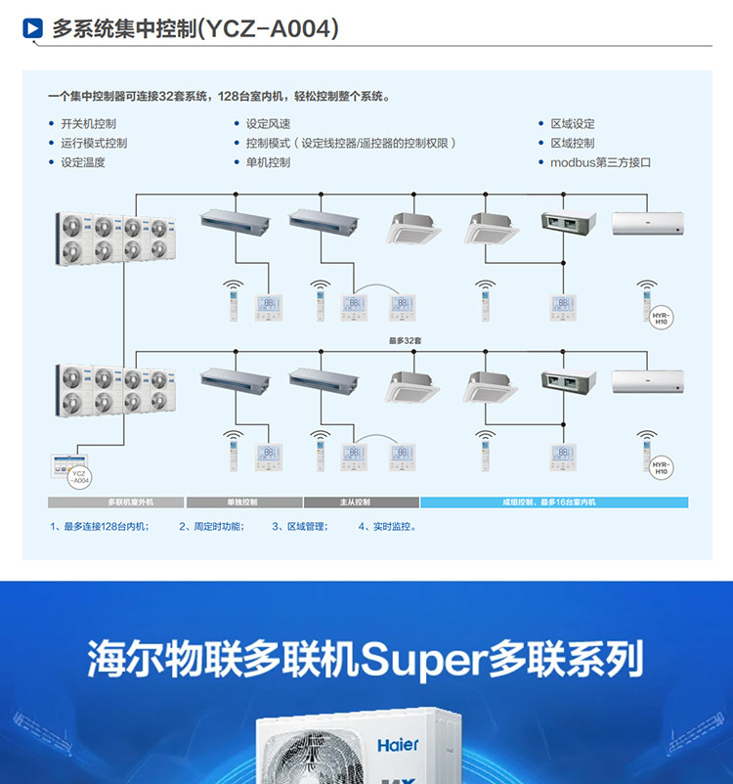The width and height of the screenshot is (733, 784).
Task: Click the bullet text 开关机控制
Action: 88,124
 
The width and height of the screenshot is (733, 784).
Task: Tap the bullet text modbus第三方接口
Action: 599,162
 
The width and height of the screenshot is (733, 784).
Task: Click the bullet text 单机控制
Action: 268,162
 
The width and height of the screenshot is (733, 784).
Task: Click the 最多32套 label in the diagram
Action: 404,341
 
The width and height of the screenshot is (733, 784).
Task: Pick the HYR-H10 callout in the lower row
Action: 662,469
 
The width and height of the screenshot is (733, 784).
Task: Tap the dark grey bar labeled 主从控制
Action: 361,502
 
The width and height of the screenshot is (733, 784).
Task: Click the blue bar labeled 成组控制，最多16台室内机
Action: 554,502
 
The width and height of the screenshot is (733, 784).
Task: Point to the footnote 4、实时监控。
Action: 387,527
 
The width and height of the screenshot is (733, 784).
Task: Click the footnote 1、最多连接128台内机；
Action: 99,527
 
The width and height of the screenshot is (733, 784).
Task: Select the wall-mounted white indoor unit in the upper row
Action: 645,224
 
